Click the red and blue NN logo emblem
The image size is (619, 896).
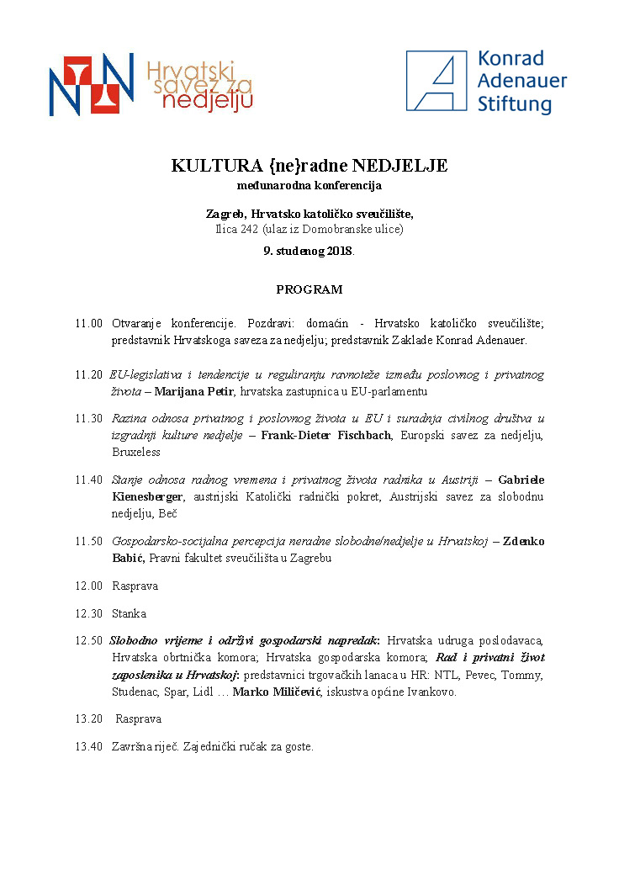pyautogui.click(x=91, y=83)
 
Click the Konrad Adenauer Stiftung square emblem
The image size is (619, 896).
pyautogui.click(x=436, y=81)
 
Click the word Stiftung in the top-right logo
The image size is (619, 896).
pyautogui.click(x=515, y=104)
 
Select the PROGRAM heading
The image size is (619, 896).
pyautogui.click(x=309, y=289)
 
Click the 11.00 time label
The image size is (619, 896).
pyautogui.click(x=88, y=323)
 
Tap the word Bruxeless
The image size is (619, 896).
pyautogui.click(x=136, y=452)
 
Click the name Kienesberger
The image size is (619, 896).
pyautogui.click(x=147, y=496)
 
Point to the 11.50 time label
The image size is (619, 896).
pyautogui.click(x=88, y=541)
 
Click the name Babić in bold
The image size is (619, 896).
pyautogui.click(x=128, y=558)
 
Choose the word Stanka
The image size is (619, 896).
pyautogui.click(x=129, y=613)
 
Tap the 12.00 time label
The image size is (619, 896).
pyautogui.click(x=88, y=586)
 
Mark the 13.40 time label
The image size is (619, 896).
pyautogui.click(x=88, y=746)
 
